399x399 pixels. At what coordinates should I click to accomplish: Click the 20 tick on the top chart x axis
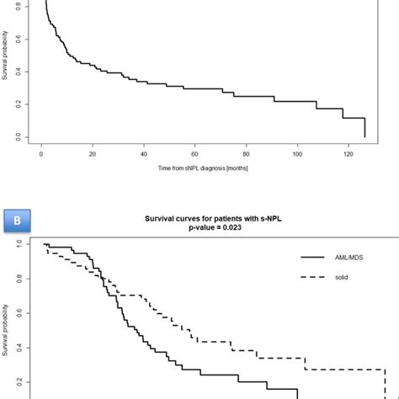coord(93,155)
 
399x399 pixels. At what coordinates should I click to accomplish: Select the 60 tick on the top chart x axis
coord(195,155)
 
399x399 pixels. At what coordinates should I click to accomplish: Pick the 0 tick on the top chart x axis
coord(42,155)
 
